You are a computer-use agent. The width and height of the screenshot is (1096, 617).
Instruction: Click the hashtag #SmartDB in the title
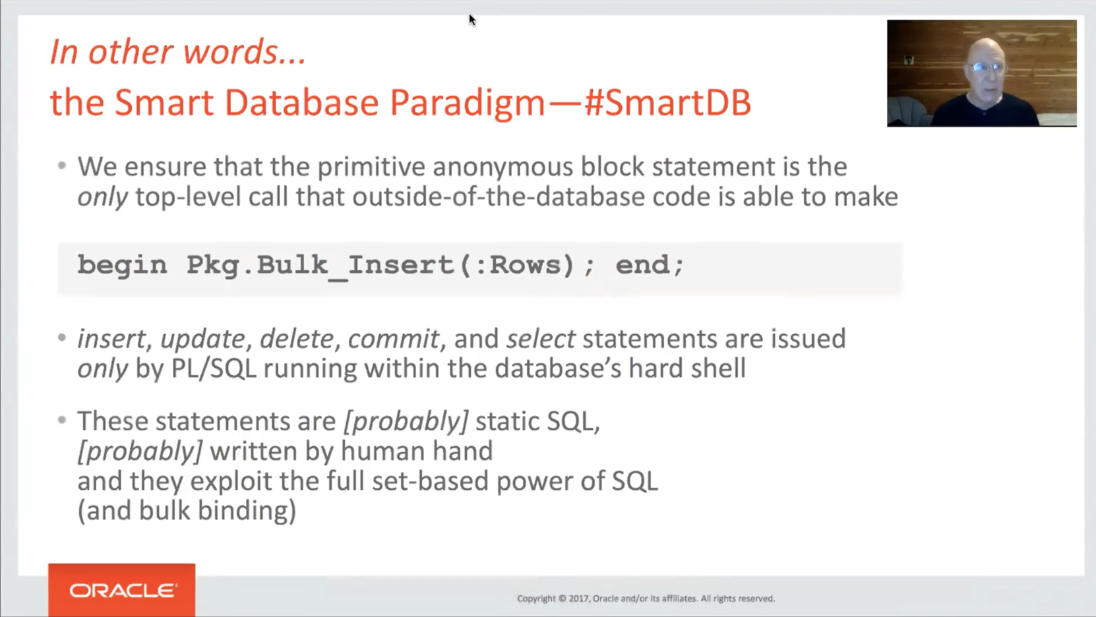point(667,103)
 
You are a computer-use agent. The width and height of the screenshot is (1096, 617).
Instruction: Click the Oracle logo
point(122,591)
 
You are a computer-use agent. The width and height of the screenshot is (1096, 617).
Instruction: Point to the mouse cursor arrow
point(472,20)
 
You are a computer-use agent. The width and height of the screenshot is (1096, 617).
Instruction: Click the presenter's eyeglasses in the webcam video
point(987,67)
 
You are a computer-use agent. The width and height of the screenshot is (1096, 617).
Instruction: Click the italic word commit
point(393,339)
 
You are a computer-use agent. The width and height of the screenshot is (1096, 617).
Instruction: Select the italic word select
point(540,339)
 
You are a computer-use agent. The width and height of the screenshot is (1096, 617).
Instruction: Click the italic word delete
point(296,339)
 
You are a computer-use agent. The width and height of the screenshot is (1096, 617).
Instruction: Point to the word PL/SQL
point(213,368)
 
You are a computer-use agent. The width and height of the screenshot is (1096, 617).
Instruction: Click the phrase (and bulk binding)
point(187,511)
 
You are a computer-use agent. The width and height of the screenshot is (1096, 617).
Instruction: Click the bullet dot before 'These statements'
point(61,420)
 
